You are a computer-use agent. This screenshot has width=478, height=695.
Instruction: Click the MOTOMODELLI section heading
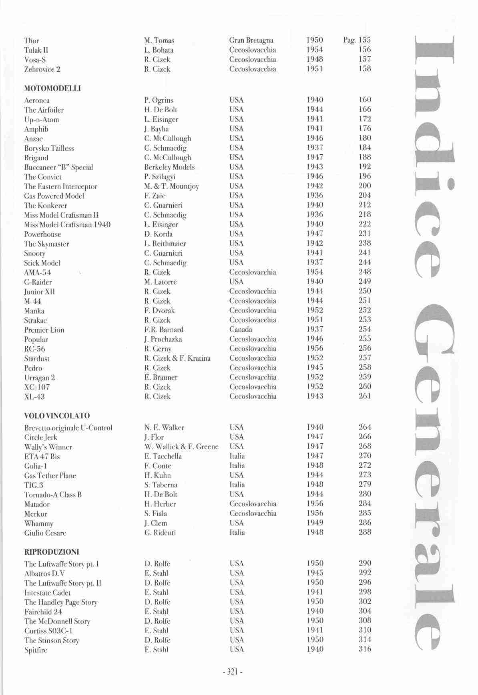pos(52,88)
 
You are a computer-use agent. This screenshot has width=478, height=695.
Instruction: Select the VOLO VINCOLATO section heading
pos(57,416)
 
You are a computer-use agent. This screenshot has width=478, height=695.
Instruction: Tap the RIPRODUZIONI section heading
pos(52,552)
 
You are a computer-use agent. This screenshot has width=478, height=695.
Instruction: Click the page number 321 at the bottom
pos(233,672)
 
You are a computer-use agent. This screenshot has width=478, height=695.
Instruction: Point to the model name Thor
pos(32,40)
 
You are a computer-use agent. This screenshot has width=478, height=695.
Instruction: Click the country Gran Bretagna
pos(251,40)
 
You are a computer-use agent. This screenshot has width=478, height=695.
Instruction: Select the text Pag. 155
pos(357,40)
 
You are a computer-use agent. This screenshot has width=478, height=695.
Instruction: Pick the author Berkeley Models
pos(169,167)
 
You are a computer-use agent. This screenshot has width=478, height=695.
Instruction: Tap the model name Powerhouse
pos(42,234)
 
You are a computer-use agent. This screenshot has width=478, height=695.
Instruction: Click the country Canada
pos(241,329)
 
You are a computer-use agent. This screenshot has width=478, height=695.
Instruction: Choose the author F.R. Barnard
pos(164,329)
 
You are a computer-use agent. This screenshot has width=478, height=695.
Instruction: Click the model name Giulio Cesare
pos(45,533)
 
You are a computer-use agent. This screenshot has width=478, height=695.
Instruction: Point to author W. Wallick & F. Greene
pos(181,446)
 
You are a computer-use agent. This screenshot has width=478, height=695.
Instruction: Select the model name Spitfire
pos(36,650)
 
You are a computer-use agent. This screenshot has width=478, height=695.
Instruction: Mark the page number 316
pos(365,649)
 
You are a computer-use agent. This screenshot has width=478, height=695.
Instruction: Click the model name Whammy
pos(39,523)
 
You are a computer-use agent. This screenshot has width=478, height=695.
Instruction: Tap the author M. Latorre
pos(160,282)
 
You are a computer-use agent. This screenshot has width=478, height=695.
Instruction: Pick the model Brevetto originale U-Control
pos(68,428)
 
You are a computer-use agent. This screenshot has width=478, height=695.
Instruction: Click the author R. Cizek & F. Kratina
pos(177,358)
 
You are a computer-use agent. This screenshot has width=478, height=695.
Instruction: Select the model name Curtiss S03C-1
pos(48,631)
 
